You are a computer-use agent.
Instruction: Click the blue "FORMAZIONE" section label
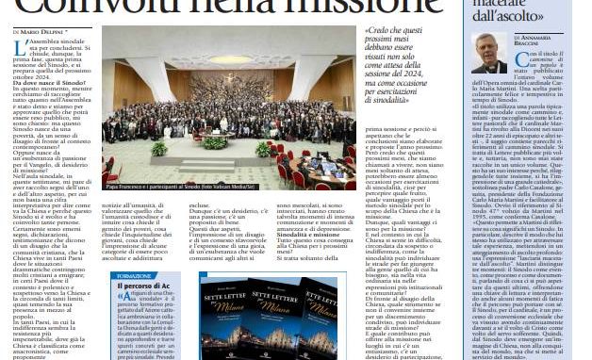[131, 276]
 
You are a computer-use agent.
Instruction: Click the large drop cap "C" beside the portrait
[520, 58]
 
